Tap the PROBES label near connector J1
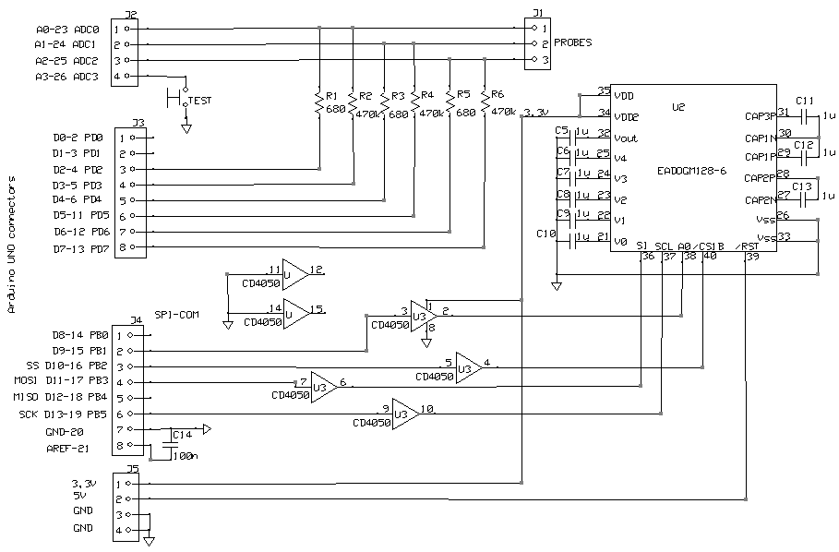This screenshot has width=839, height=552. point(573,43)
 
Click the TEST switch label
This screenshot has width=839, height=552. point(198,101)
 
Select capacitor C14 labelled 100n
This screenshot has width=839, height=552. point(171,444)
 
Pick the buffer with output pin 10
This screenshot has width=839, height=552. point(404,413)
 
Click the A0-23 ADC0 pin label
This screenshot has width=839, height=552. point(66,30)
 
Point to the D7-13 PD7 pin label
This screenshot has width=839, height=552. point(78,247)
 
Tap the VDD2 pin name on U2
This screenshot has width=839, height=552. point(627,116)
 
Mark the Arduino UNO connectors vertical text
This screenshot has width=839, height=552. point(12,244)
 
